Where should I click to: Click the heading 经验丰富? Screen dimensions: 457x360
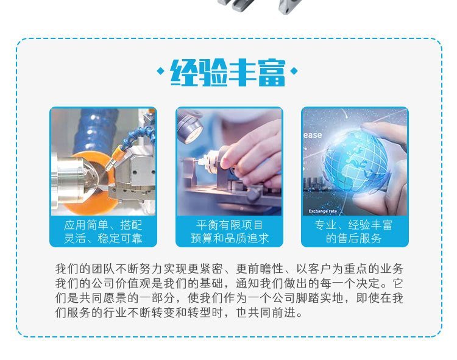tap(228, 72)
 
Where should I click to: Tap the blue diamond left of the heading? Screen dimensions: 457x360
tap(160, 71)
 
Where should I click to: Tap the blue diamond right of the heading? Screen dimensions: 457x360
tap(294, 71)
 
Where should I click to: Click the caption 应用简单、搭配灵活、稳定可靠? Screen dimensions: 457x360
tap(103, 231)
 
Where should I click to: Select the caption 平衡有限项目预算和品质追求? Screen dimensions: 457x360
tap(229, 231)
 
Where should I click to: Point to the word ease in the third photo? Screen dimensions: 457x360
tap(313, 135)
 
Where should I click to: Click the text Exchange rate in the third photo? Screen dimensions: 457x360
tap(322, 211)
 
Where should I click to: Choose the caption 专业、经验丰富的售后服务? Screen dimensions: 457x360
tap(353, 231)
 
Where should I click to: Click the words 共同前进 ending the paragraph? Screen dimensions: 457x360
tap(272, 313)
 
